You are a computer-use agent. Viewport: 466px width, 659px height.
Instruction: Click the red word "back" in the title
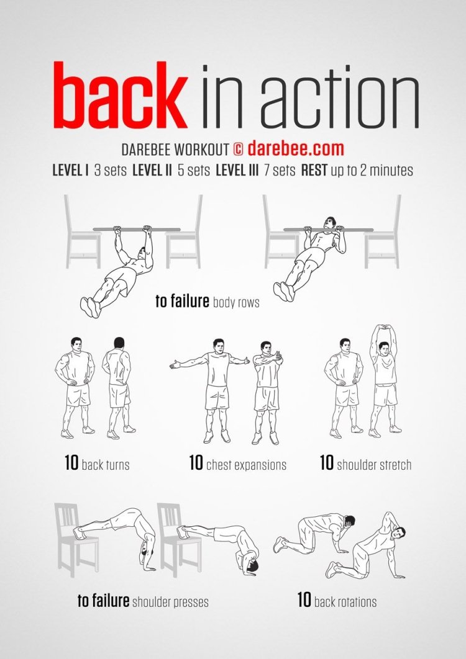tap(120, 96)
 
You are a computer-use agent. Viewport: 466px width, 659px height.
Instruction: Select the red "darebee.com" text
tap(296, 149)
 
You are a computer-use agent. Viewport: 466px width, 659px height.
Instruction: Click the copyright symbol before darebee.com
tap(238, 149)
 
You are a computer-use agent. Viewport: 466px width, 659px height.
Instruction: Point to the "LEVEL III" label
tap(237, 170)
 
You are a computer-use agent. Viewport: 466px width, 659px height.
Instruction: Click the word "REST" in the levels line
tap(314, 170)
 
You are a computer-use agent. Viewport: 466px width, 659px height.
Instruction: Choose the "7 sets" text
tap(280, 170)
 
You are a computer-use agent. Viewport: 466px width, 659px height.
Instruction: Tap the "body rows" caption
tap(236, 302)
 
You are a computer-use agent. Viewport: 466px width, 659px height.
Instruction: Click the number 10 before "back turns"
tap(71, 463)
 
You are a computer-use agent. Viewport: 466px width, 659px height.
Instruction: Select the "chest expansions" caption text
tap(246, 465)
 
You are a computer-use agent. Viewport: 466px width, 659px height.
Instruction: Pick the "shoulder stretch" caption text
tap(374, 465)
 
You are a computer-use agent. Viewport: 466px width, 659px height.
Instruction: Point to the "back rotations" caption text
tap(345, 602)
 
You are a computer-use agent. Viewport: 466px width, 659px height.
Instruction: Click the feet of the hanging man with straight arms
tap(91, 307)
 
